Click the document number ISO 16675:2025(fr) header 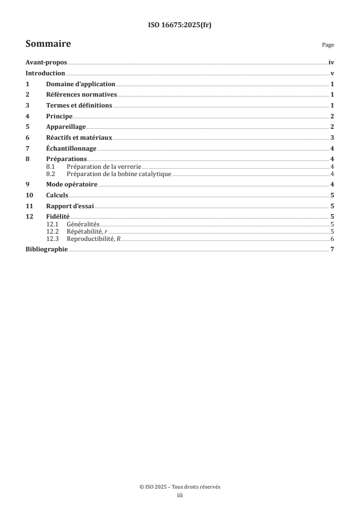click(x=180, y=25)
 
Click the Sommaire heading click(x=48, y=44)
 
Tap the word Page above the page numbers click(x=328, y=45)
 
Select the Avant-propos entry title click(x=46, y=64)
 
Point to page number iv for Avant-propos click(x=331, y=64)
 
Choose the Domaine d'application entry click(x=80, y=84)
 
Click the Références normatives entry click(x=81, y=95)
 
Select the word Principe click(x=59, y=117)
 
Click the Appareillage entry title click(x=66, y=127)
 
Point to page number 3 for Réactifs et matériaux click(x=332, y=138)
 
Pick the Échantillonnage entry click(x=71, y=149)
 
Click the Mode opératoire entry click(x=72, y=184)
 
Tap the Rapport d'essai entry click(x=70, y=206)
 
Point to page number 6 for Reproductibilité click(x=332, y=239)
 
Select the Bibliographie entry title click(x=46, y=250)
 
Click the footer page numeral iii click(x=180, y=496)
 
